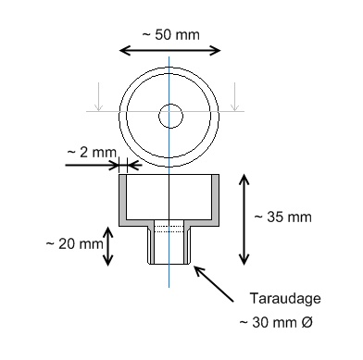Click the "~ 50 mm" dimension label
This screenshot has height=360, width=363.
point(170,34)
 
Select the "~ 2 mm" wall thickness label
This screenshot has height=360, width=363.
point(92,153)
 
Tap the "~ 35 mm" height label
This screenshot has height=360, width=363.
point(282,217)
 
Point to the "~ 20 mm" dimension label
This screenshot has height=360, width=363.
point(74,244)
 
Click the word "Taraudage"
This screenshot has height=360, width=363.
point(285,299)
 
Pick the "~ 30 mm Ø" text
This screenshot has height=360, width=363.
point(276,323)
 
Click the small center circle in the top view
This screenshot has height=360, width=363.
point(170,116)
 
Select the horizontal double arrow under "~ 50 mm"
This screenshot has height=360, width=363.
point(169,50)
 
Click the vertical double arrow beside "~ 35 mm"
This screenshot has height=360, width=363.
point(244,219)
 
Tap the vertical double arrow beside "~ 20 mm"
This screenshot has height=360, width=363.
point(107,246)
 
